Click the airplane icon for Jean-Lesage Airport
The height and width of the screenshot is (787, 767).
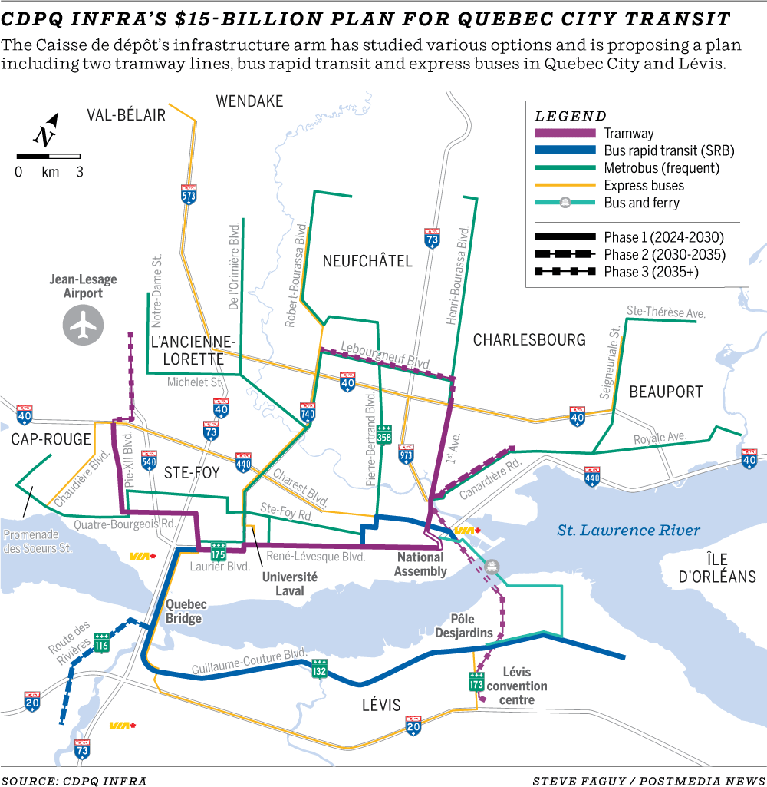point(83,323)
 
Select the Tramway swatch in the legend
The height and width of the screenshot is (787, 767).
point(565,134)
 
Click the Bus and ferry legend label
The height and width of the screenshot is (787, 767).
point(641,203)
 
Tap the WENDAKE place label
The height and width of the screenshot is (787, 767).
point(249,101)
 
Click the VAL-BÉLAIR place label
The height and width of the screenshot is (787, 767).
point(127,115)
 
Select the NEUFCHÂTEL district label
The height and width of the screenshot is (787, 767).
point(367,261)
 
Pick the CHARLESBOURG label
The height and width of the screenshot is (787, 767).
point(529,339)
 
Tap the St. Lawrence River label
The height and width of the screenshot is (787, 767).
point(629,530)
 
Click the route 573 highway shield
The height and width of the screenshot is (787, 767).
point(189,193)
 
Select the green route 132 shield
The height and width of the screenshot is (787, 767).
point(320,670)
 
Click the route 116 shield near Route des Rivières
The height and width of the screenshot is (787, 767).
point(102,642)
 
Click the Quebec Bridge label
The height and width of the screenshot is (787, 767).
point(184,611)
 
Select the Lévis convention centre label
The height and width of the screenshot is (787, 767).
point(517,686)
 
